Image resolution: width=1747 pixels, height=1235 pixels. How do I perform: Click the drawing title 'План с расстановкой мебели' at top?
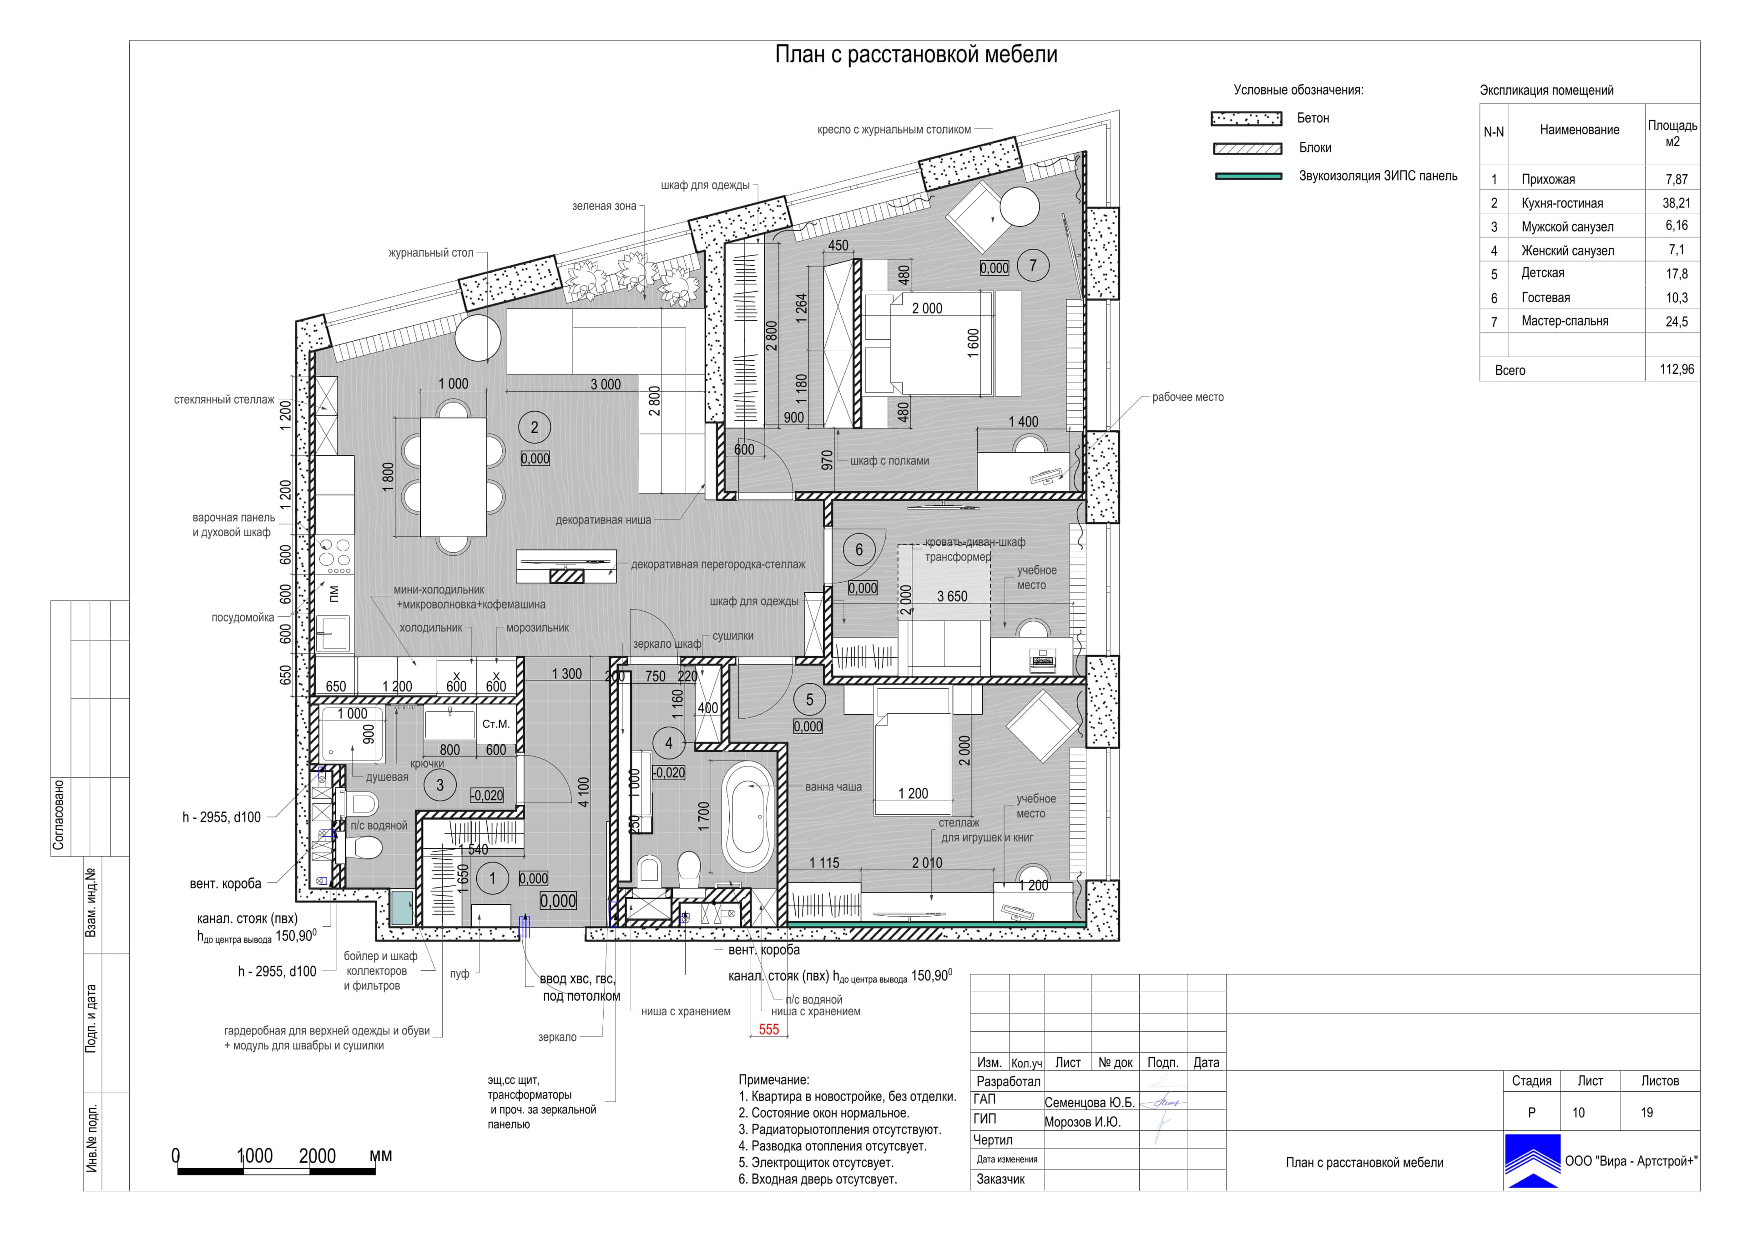(916, 55)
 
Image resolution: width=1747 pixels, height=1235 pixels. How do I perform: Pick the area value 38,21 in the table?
(1676, 203)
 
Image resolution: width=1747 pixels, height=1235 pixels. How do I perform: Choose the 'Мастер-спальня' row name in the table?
(1565, 321)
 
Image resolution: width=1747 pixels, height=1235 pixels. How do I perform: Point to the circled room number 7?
(1033, 266)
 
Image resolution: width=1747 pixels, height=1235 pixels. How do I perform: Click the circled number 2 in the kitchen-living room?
(534, 428)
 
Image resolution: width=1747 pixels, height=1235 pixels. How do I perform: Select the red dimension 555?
(768, 1029)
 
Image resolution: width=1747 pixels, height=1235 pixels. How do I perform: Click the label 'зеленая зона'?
(604, 206)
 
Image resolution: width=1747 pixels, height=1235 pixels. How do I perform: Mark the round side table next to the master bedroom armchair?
(1019, 206)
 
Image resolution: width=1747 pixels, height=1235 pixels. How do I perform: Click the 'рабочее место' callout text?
(1188, 397)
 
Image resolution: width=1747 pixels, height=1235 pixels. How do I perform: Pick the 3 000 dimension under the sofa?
(606, 385)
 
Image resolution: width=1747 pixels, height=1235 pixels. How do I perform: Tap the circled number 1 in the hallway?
(492, 879)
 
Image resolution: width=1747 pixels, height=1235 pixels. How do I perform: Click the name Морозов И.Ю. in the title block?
(1083, 1122)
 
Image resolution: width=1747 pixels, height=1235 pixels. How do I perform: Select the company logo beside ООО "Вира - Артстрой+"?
(1532, 1160)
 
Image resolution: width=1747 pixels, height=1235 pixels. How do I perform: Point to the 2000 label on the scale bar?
(317, 1156)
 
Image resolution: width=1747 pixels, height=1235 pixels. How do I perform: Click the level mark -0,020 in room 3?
(487, 796)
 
